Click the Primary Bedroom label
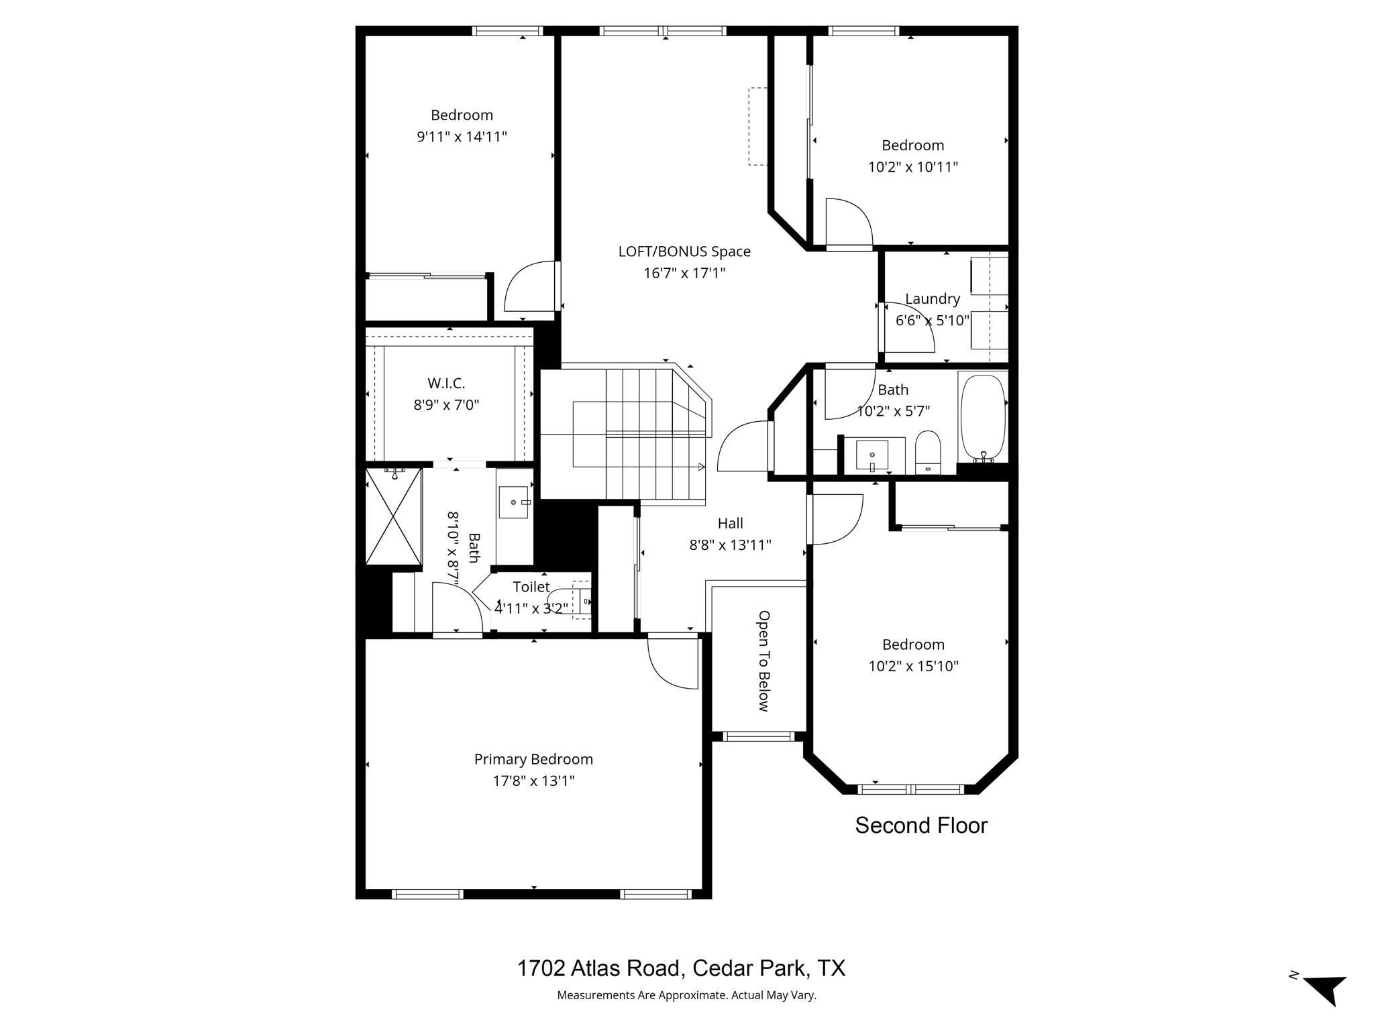(533, 759)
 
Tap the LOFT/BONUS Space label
(684, 251)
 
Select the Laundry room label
(933, 298)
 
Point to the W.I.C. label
(446, 384)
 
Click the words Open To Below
(763, 661)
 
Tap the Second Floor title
(920, 825)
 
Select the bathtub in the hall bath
(983, 416)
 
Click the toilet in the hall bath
(929, 452)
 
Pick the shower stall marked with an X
(394, 516)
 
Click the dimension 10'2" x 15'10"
(913, 666)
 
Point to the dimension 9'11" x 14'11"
(462, 137)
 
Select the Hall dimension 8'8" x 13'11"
(730, 545)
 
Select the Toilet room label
(531, 587)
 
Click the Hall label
(730, 523)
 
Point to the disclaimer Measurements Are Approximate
(686, 995)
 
